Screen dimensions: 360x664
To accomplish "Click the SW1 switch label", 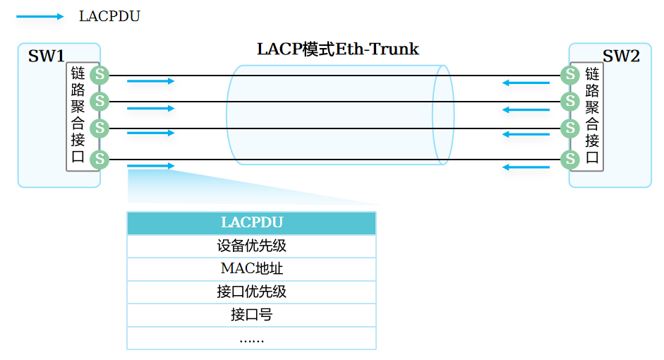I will point(46,56).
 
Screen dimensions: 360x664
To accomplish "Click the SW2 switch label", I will point(620,56).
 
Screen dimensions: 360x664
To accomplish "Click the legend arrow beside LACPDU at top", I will point(40,16).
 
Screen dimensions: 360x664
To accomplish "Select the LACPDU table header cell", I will point(251,223).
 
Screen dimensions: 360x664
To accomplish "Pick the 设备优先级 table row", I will point(251,246).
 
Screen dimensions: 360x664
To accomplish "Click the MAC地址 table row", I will point(251,269).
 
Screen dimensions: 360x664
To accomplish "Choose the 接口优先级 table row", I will point(251,292).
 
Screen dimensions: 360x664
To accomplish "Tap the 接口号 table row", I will point(251,315).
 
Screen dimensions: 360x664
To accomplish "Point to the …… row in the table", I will point(251,338).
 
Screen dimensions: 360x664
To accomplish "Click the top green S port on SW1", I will point(99,74).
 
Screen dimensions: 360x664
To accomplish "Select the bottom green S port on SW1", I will point(99,159).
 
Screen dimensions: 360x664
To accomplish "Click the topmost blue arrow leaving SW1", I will point(150,81).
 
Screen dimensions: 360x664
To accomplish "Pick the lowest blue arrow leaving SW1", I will point(150,166).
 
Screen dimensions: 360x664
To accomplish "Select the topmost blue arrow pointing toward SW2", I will point(526,83).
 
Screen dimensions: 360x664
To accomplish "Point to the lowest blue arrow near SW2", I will point(526,167).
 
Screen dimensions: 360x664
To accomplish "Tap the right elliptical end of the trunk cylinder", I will point(443,114).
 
